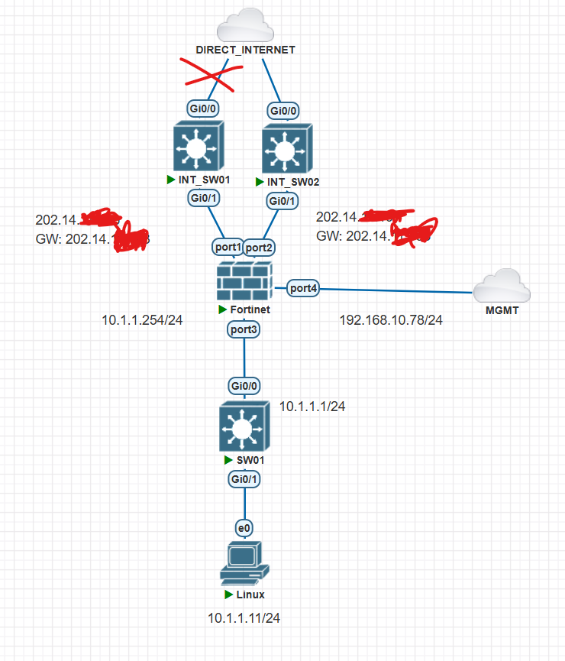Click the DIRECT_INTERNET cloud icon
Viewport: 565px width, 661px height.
tap(244, 27)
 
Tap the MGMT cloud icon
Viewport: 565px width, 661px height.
tap(500, 287)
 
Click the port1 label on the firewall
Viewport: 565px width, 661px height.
tap(228, 247)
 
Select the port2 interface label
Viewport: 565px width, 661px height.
tap(259, 247)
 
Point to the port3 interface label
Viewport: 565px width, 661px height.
tap(244, 329)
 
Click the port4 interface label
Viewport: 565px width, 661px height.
tap(303, 288)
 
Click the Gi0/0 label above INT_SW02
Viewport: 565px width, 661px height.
tap(284, 111)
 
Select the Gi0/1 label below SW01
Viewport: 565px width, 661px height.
tap(244, 479)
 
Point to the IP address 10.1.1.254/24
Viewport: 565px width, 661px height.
tap(141, 319)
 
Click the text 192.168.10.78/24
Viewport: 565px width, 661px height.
tap(391, 319)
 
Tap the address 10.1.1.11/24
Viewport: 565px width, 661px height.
tap(244, 617)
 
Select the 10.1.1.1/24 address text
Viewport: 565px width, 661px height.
tap(312, 407)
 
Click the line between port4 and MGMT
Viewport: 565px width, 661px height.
tap(397, 290)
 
